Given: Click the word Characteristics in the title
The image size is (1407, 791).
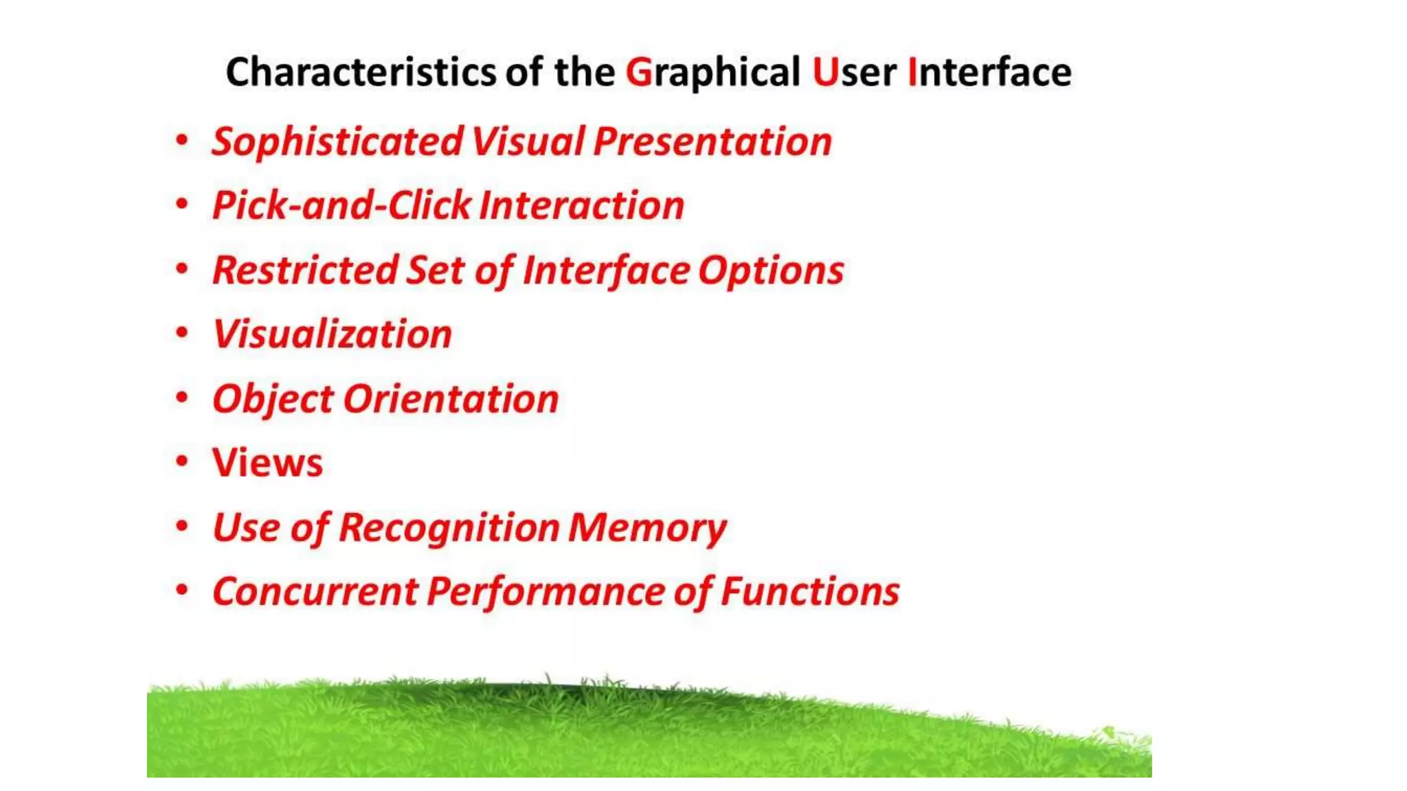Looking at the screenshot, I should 361,72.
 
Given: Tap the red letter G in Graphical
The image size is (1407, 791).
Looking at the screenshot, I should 638,72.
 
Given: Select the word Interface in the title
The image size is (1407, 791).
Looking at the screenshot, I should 989,72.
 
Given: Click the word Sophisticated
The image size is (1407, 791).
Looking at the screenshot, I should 337,142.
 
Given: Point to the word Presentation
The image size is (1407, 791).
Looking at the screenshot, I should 712,142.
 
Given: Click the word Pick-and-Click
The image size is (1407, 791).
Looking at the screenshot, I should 342,206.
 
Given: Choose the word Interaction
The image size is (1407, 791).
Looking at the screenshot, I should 581,206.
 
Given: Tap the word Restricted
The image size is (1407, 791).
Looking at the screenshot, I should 305,270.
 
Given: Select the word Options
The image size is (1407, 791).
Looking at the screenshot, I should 771,270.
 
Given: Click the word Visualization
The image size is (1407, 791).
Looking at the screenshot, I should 333,334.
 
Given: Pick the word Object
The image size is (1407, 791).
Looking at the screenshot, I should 273,399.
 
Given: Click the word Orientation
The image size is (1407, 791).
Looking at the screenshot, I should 451,399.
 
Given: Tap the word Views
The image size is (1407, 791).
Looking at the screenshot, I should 267,463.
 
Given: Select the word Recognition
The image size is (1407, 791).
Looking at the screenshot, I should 449,527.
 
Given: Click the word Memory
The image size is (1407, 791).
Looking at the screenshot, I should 647,527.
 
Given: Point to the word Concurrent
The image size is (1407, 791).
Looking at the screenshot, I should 315,591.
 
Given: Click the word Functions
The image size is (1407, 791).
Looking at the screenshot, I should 810,591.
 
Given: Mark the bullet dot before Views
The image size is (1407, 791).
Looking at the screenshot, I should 182,461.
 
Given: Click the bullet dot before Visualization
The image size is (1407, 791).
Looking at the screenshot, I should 182,332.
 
